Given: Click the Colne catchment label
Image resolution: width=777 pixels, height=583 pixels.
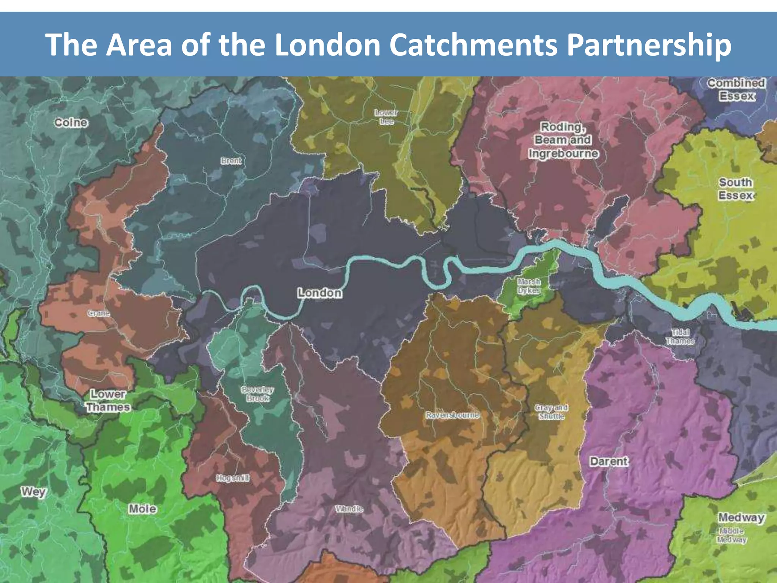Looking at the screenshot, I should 71,123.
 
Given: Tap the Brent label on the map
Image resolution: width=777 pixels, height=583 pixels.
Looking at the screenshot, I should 231,161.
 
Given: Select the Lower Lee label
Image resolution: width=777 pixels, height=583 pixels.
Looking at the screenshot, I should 386,117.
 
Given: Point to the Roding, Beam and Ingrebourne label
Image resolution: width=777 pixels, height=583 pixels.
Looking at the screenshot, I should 563,140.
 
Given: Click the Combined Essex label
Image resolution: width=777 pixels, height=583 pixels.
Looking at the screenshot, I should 736,89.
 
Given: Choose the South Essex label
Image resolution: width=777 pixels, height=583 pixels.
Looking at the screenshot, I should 735,189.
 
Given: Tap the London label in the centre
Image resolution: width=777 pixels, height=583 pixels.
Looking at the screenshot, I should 319,293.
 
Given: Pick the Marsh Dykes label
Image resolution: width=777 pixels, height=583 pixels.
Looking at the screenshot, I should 529,286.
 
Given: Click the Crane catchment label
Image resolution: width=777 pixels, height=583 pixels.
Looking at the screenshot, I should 99,313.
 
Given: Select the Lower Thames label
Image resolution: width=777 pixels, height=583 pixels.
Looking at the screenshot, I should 108,400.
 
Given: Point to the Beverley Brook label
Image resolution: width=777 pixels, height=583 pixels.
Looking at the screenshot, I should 258,394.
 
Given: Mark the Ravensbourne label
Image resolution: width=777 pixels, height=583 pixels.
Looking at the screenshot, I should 452,415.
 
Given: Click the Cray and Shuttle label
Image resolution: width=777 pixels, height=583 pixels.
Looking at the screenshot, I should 551,412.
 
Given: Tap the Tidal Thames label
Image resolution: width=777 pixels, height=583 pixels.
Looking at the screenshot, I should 680,336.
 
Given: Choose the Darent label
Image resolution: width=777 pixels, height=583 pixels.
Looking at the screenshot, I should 609,462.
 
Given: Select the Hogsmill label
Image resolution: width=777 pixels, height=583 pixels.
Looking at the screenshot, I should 233,478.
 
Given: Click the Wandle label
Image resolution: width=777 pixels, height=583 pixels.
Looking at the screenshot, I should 349,509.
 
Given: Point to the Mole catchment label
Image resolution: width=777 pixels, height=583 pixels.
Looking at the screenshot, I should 142,509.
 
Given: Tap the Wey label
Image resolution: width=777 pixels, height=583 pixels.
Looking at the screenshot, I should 33,492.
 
